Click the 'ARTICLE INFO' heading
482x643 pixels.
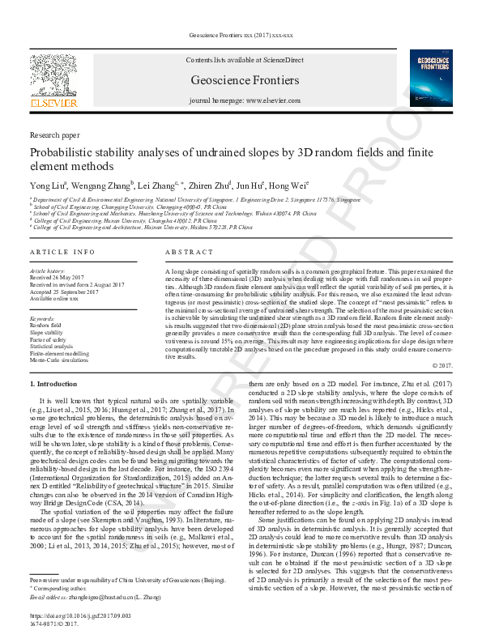coord(62,253)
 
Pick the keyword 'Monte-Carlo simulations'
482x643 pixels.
coord(62,361)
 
